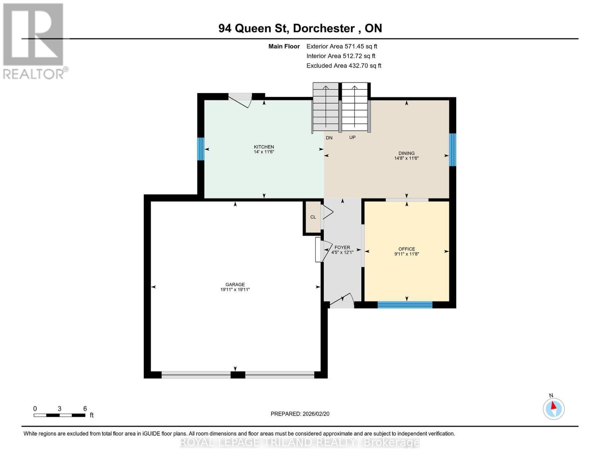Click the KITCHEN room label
(x=264, y=147)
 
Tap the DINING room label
(x=406, y=153)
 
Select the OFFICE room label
(x=406, y=249)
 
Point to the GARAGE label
(x=235, y=284)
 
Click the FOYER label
(x=342, y=247)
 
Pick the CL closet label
(x=313, y=217)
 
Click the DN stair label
(x=329, y=138)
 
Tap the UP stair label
(x=352, y=137)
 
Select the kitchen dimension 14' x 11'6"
(x=264, y=152)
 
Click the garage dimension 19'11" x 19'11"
(x=235, y=289)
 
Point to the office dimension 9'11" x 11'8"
(x=406, y=254)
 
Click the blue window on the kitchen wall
(x=201, y=149)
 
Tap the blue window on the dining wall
(x=452, y=150)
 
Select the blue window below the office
(x=405, y=305)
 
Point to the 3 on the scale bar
(x=59, y=408)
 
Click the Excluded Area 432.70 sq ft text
(x=344, y=65)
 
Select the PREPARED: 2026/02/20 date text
(x=300, y=414)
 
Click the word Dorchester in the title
(x=324, y=28)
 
